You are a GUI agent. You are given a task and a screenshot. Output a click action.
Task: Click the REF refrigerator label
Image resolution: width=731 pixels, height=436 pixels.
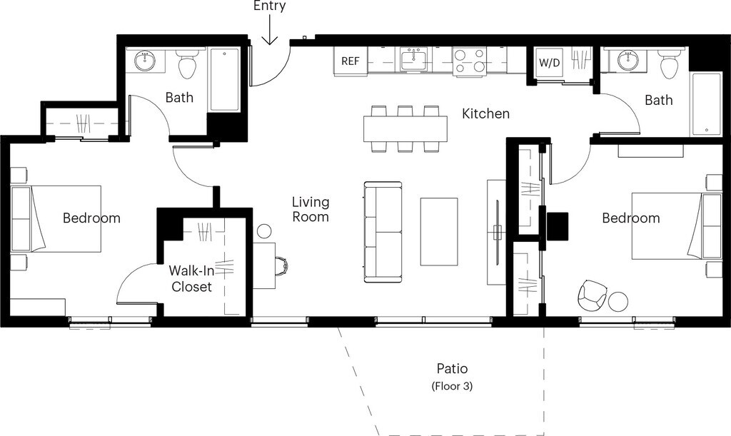click(351, 61)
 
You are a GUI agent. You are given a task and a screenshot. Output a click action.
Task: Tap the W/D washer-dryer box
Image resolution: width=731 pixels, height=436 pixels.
click(549, 62)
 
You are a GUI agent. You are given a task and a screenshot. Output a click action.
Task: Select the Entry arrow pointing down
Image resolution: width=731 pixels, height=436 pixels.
click(269, 29)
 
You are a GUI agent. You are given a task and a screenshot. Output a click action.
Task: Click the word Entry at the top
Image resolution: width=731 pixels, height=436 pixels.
click(269, 6)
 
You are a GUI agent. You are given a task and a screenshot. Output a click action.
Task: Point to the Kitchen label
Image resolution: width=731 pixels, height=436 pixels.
click(485, 113)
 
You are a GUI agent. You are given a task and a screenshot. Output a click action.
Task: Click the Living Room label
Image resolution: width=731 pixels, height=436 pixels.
click(311, 209)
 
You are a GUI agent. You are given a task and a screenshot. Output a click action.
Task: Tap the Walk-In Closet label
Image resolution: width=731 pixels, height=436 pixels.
click(191, 278)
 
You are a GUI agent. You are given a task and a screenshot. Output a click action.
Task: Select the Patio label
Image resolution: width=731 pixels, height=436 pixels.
click(452, 368)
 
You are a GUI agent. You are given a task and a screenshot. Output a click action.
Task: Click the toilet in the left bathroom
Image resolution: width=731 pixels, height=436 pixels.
click(188, 66)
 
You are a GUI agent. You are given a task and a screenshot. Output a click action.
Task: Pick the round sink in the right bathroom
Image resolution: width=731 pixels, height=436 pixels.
click(627, 60)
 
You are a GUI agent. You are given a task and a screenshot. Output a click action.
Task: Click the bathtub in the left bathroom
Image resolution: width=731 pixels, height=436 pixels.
click(225, 79)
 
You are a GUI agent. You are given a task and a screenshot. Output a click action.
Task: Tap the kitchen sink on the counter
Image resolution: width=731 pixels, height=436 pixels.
click(413, 61)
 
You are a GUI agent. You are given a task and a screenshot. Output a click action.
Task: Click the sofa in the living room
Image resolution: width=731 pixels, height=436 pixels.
click(383, 232)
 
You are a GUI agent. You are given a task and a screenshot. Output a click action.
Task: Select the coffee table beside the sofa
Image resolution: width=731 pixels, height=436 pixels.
click(439, 231)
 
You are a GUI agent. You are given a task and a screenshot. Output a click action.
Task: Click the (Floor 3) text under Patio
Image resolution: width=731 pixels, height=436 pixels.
click(452, 386)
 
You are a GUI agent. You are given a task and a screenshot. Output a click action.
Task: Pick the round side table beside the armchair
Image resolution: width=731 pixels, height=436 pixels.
click(617, 302)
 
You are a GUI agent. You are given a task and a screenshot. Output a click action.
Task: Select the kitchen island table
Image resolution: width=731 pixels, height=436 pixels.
click(405, 128)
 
